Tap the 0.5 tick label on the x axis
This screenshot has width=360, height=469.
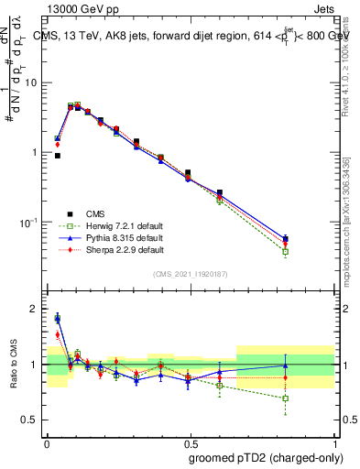click(x=191, y=442)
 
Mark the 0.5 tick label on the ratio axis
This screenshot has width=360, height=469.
click(x=29, y=420)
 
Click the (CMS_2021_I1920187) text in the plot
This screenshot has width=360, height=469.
click(x=191, y=273)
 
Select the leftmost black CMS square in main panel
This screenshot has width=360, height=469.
click(x=57, y=156)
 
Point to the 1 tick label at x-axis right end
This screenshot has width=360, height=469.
click(x=336, y=442)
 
